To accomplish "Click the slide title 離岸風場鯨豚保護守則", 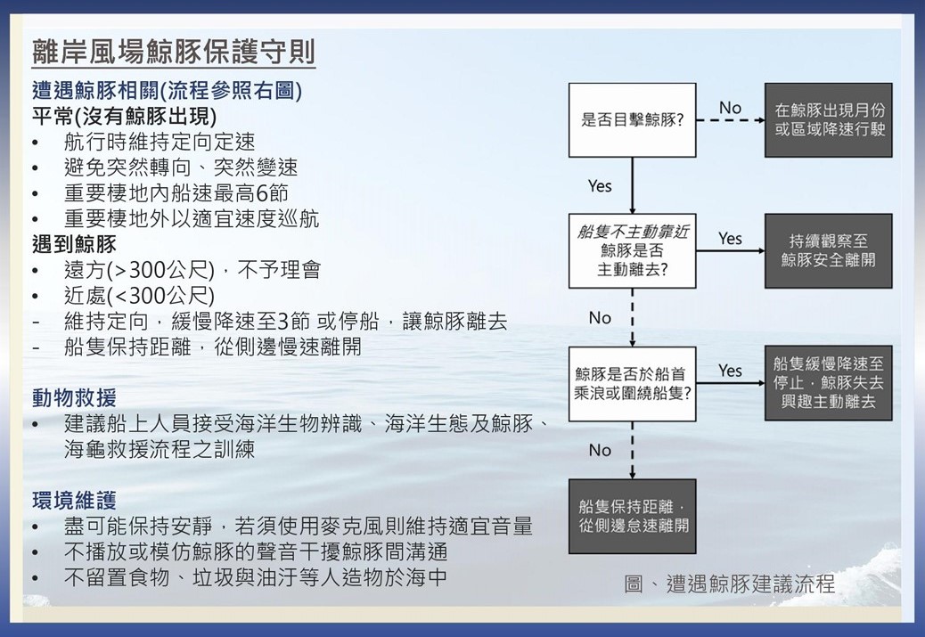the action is (174, 52).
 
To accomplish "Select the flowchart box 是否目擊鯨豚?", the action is (633, 120).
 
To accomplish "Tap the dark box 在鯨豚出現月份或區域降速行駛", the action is (829, 120).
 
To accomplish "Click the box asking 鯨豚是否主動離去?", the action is (633, 251).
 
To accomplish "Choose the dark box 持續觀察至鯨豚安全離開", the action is (829, 251).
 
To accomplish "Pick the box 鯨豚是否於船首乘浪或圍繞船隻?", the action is (633, 384).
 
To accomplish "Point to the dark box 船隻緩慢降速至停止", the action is (829, 383).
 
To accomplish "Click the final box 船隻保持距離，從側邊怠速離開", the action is (633, 517).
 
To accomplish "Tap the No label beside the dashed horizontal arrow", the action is (731, 108).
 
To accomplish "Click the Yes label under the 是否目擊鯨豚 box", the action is (600, 186).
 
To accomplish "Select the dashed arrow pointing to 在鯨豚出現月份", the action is (731, 120).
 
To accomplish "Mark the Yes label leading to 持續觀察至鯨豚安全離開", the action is (731, 239).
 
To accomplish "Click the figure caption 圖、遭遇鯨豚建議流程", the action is (730, 584).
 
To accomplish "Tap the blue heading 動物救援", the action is (74, 398).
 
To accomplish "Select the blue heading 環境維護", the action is (74, 501).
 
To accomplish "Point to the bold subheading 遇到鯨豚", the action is (74, 244).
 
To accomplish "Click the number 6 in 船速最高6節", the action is (262, 192).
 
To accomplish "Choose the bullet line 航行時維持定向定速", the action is (160, 142).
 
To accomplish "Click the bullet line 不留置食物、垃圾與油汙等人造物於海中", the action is (255, 576).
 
